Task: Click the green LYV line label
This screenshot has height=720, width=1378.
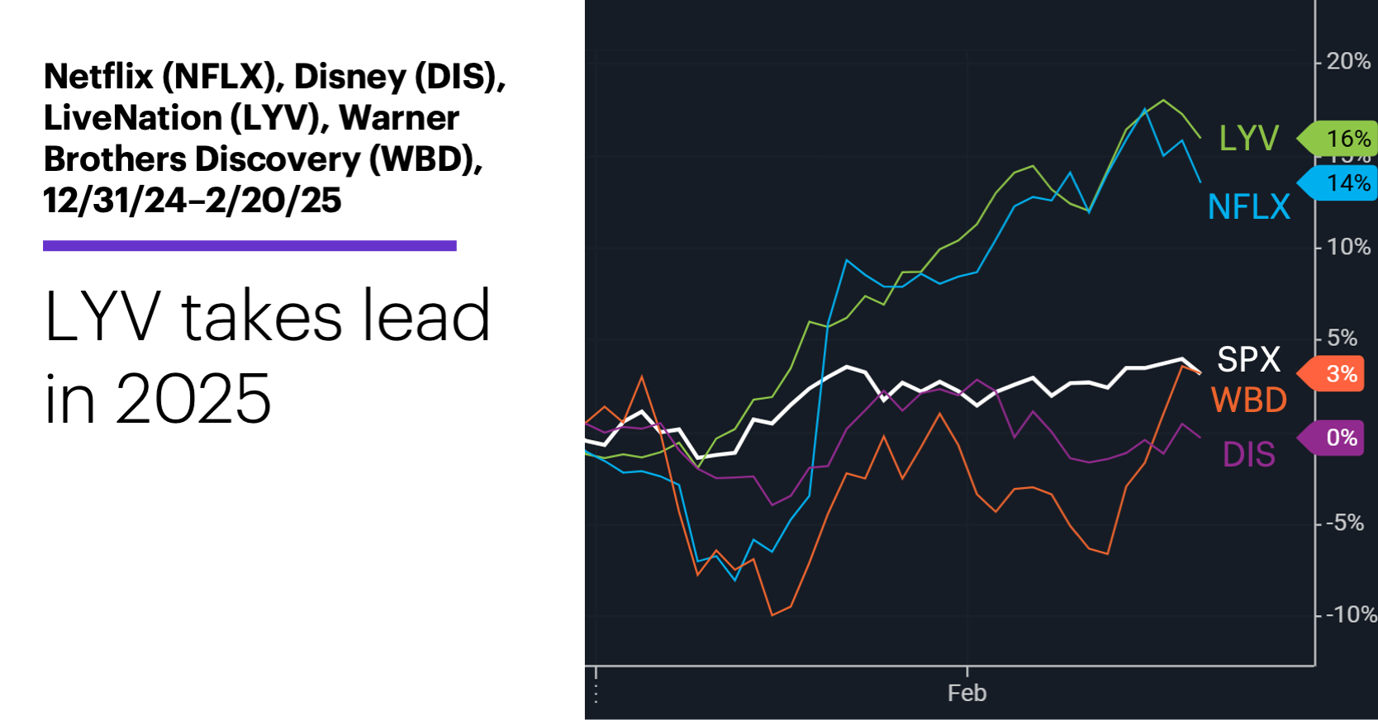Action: point(1248,138)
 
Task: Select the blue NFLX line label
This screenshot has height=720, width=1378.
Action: point(1248,206)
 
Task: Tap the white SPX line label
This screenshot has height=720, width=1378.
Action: point(1248,359)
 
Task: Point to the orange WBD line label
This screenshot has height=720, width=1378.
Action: point(1248,400)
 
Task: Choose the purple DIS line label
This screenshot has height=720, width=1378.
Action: point(1248,455)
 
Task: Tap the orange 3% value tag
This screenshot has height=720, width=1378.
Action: point(1340,374)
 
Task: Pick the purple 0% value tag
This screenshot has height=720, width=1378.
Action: point(1340,438)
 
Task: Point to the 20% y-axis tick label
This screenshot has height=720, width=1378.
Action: point(1347,61)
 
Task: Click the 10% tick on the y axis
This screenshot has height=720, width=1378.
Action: point(1347,247)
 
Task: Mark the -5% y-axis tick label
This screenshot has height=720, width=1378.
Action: point(1344,523)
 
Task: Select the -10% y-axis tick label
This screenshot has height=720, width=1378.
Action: point(1350,614)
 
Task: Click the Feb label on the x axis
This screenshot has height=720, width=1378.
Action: point(967,693)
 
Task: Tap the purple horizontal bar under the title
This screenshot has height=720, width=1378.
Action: point(249,245)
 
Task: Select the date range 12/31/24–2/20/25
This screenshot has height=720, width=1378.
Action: point(192,201)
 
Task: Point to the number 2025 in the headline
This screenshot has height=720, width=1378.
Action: point(192,399)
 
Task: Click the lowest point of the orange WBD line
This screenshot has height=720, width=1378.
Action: point(772,615)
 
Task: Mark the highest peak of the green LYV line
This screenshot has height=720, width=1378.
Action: point(1164,100)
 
